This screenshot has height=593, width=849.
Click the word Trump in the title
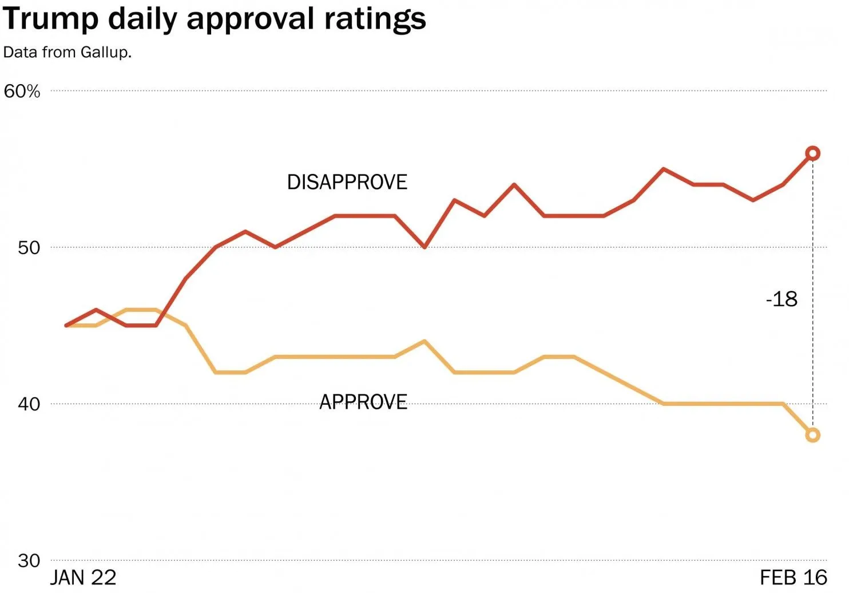coord(51,18)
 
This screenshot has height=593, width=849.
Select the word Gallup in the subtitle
coord(105,52)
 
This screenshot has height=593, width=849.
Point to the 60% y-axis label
coord(22,92)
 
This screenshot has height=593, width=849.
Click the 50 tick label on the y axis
coord(29,248)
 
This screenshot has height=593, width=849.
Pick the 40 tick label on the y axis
coord(29,404)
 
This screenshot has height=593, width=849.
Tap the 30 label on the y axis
coord(29,560)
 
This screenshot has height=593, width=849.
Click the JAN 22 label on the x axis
coord(83,578)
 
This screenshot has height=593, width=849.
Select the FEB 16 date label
coord(794,578)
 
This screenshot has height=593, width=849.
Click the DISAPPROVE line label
coord(347,183)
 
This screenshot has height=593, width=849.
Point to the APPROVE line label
coord(363,402)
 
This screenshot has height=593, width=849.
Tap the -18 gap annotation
coord(781,299)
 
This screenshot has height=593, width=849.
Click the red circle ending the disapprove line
coord(812,153)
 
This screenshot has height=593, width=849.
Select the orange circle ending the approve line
coord(812,435)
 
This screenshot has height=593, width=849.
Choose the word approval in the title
coord(250,19)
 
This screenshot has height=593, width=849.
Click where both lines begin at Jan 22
coord(67,325)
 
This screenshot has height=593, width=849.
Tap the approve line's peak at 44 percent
coord(424,341)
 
